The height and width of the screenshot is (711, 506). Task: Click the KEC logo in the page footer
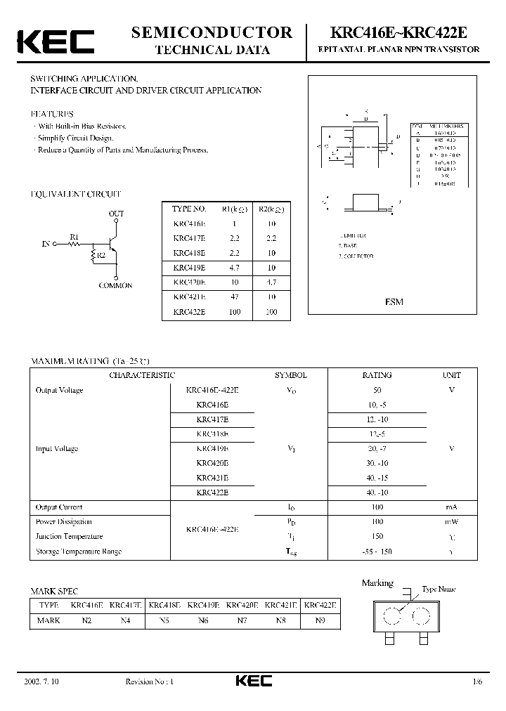tap(253, 681)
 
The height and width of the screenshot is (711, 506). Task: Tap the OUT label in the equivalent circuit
tap(117, 213)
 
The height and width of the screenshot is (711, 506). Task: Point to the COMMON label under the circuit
tap(116, 286)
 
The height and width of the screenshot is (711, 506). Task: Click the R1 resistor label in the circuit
tap(74, 236)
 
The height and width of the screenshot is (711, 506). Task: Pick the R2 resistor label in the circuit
tap(100, 255)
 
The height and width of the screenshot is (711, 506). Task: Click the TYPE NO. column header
tap(189, 209)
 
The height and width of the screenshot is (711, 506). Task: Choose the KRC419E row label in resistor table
tap(189, 268)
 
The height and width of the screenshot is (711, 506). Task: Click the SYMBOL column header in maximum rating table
tap(290, 375)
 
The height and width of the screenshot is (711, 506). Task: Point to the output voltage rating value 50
tap(378, 389)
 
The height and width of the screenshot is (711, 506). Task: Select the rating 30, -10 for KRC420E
tap(378, 463)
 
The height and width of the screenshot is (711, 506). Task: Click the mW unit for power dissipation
tap(451, 521)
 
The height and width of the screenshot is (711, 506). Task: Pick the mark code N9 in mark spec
tap(319, 620)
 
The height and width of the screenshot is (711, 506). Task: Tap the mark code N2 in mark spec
tap(87, 620)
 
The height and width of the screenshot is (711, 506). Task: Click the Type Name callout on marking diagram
tap(439, 589)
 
